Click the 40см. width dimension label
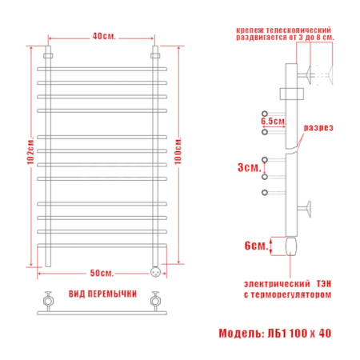click(x=104, y=36)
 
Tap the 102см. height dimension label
click(x=30, y=151)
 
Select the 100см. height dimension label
click(x=178, y=151)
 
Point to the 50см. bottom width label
click(x=102, y=273)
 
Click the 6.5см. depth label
click(x=273, y=121)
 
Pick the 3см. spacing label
click(x=250, y=168)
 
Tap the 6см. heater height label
click(x=256, y=246)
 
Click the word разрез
click(x=318, y=128)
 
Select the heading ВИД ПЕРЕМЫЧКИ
click(x=103, y=294)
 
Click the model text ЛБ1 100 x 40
click(x=299, y=334)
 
